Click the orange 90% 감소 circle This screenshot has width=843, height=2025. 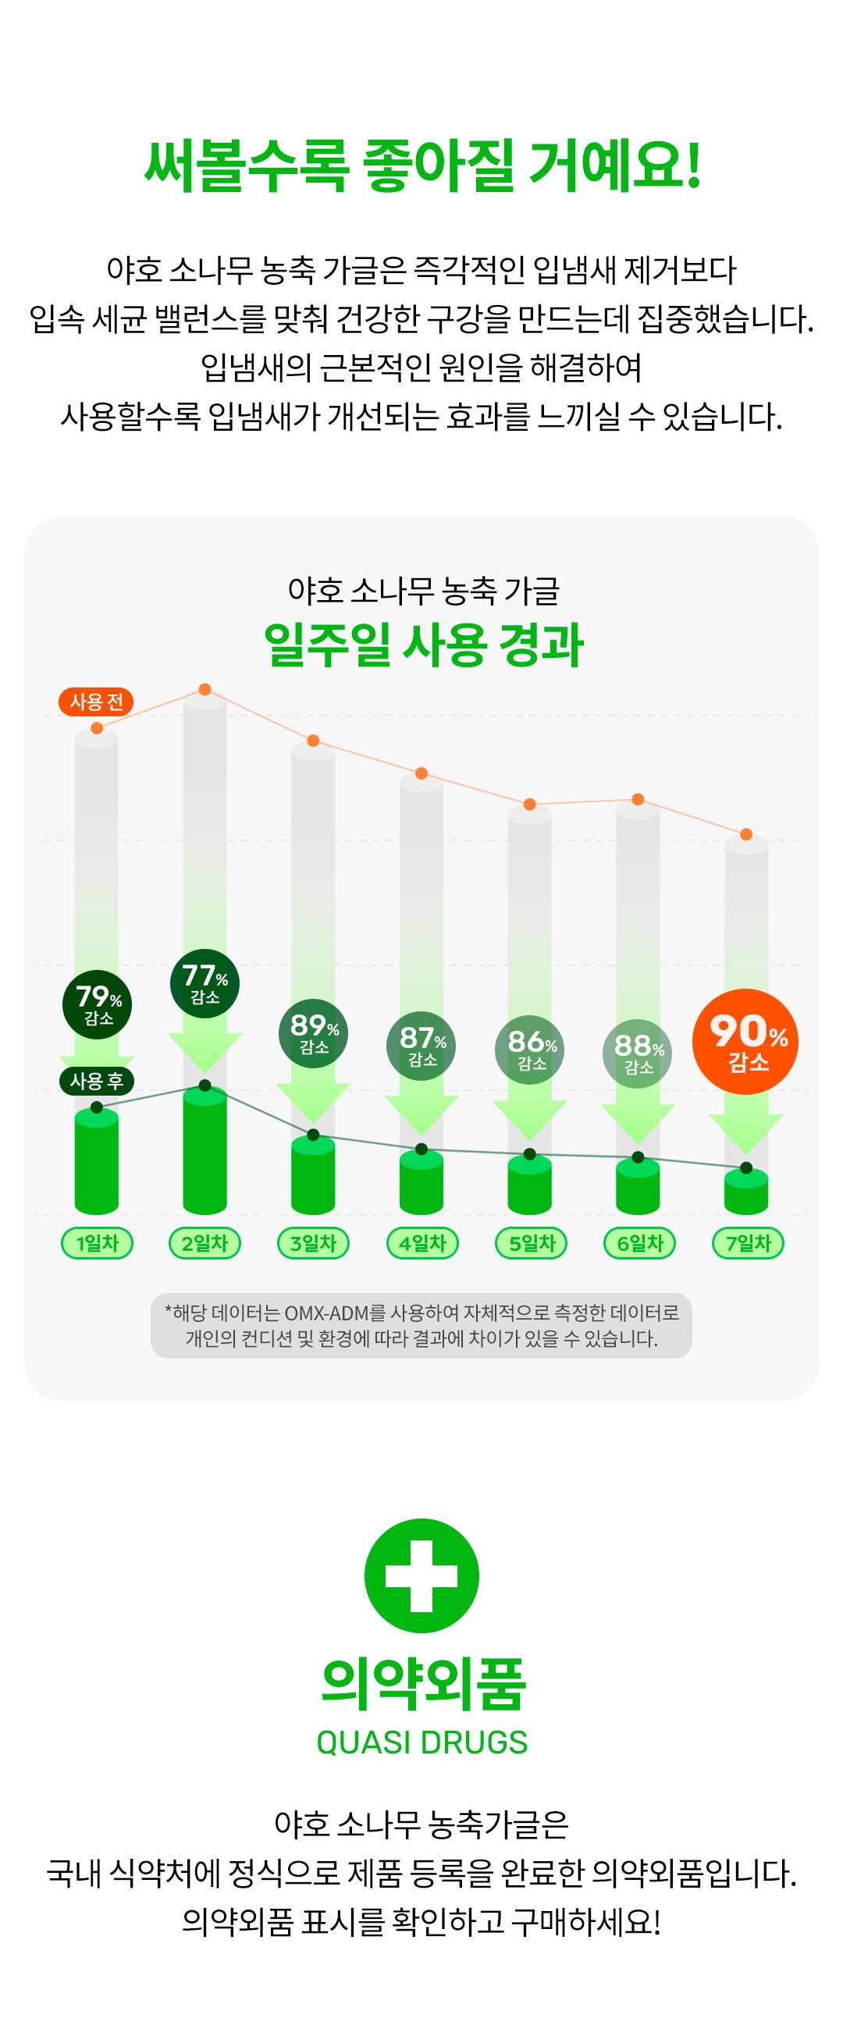click(745, 1041)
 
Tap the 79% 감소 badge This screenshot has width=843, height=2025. click(97, 1004)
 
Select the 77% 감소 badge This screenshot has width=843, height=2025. click(205, 983)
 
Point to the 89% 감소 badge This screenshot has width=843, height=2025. click(313, 1033)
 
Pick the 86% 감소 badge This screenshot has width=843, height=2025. click(530, 1050)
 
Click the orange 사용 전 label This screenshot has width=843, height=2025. click(96, 702)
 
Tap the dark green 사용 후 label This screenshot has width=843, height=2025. click(96, 1081)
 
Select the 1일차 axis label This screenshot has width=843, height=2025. click(97, 1243)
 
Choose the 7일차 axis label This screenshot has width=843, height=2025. click(747, 1243)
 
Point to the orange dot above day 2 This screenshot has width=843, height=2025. click(205, 689)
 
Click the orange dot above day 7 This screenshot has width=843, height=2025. click(746, 834)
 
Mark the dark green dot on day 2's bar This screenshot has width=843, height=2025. click(205, 1085)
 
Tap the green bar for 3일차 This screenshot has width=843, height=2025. click(313, 1175)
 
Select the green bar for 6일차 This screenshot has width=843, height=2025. click(638, 1187)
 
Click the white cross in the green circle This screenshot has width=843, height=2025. click(421, 1576)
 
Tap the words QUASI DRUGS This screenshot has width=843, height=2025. click(421, 1742)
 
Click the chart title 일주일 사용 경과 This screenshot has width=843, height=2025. click(422, 645)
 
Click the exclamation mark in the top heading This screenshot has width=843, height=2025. click(693, 167)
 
